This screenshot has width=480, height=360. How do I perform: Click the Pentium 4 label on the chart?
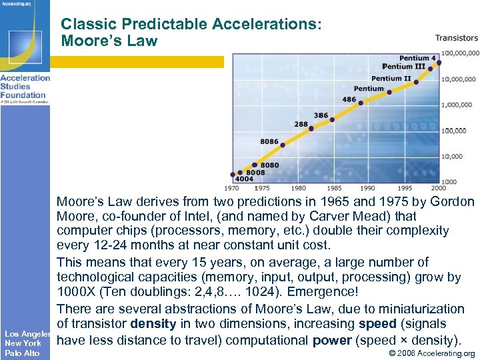click(417, 59)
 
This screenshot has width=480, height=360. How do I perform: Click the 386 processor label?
click(321, 115)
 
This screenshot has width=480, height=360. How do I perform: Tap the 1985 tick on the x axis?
click(334, 188)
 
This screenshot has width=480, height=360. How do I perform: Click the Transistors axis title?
click(457, 38)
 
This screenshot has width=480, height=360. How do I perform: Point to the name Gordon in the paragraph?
click(452, 201)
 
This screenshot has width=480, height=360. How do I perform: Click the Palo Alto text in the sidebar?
click(22, 353)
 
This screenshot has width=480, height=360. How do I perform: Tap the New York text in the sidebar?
click(23, 343)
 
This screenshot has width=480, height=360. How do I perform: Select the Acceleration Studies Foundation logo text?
click(25, 87)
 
